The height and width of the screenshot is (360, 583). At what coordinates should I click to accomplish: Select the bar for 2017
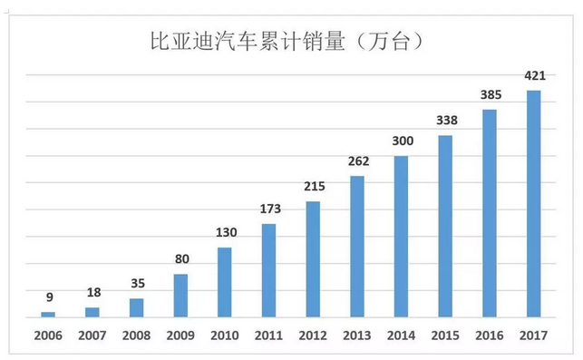click(533, 204)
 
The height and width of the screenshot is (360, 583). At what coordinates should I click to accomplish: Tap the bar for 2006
click(48, 314)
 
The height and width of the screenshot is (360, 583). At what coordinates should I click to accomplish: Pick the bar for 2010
click(224, 282)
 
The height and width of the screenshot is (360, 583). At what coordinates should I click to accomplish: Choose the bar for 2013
click(356, 247)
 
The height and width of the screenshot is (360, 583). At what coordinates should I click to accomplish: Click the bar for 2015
click(445, 227)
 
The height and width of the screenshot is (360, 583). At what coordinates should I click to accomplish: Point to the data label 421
click(533, 74)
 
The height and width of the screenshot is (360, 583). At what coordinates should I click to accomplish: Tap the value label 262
click(356, 161)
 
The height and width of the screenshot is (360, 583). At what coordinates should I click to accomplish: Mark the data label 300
click(401, 141)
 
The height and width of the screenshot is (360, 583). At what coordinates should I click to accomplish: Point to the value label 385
click(490, 94)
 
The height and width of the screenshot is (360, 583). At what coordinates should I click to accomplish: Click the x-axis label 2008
click(136, 336)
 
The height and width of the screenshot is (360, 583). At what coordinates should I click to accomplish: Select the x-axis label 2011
click(268, 336)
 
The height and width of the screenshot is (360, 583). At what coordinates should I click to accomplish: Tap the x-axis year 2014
click(401, 336)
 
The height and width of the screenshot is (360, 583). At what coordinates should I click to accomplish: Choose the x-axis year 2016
click(490, 336)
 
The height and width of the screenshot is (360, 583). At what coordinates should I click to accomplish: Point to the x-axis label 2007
click(92, 336)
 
